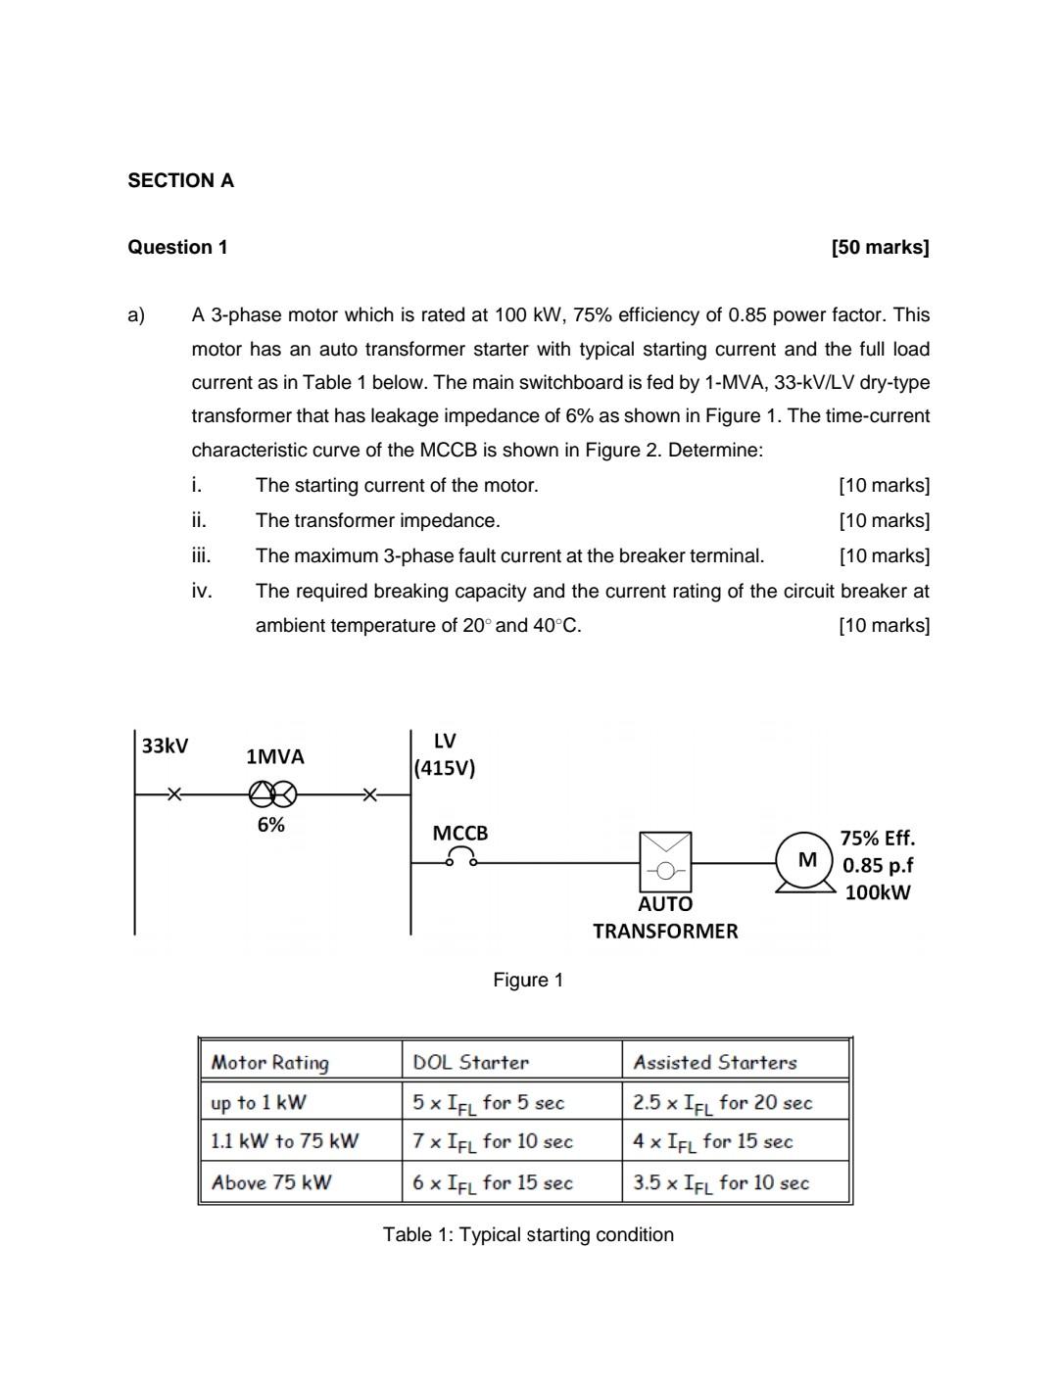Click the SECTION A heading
tap(180, 180)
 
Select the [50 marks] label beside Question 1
tap(879, 247)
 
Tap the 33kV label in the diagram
tap(165, 745)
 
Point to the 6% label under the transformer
tap(271, 825)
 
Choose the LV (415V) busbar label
tap(444, 754)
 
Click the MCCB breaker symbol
tap(460, 859)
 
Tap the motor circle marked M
tap(807, 860)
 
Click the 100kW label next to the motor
tap(877, 892)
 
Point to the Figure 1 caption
tap(528, 980)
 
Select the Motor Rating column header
tap(270, 1062)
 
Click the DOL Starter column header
tap(470, 1062)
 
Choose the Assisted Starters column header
tap(714, 1062)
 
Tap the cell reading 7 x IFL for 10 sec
tap(492, 1141)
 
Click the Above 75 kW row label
tap(271, 1182)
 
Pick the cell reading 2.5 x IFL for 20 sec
tap(722, 1103)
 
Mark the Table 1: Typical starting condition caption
tap(528, 1234)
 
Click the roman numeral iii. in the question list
tap(201, 555)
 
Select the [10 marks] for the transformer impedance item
tap(884, 520)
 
